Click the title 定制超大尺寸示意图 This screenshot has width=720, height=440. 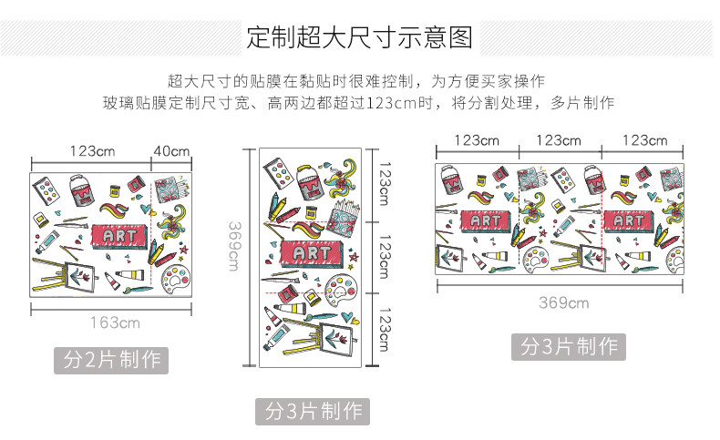pyautogui.click(x=359, y=37)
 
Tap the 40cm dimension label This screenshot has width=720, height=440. pyautogui.click(x=171, y=151)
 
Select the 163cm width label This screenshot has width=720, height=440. pyautogui.click(x=115, y=322)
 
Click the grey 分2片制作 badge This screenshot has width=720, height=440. pyautogui.click(x=111, y=360)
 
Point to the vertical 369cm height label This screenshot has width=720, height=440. pyautogui.click(x=234, y=246)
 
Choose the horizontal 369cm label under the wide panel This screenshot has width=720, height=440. pyautogui.click(x=563, y=302)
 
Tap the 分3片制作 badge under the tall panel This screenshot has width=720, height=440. pyautogui.click(x=313, y=411)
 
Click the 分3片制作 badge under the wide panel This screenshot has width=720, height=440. pyautogui.click(x=569, y=346)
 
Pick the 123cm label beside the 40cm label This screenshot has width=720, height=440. pyautogui.click(x=92, y=151)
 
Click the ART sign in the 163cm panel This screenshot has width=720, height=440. pyautogui.click(x=118, y=236)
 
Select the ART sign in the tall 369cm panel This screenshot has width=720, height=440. pyautogui.click(x=312, y=253)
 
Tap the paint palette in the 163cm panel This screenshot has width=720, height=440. pyautogui.click(x=176, y=279)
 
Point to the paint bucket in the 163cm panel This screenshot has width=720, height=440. pyautogui.click(x=82, y=189)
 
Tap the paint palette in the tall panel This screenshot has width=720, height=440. pyautogui.click(x=341, y=290)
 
